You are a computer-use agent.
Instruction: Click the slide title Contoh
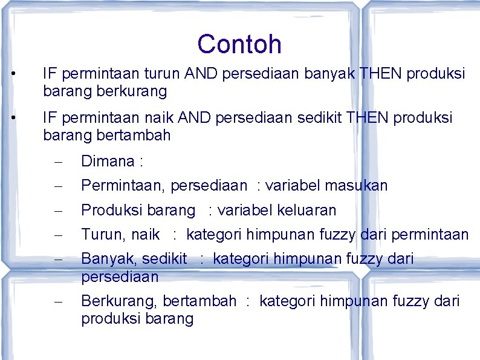tap(239, 44)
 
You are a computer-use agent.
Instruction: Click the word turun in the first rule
tap(162, 74)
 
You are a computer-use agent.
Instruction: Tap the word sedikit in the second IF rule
tap(320, 117)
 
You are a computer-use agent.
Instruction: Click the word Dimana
tap(108, 162)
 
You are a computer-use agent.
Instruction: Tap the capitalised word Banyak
tap(105, 260)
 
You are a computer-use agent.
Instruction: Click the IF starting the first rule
tap(50, 74)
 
